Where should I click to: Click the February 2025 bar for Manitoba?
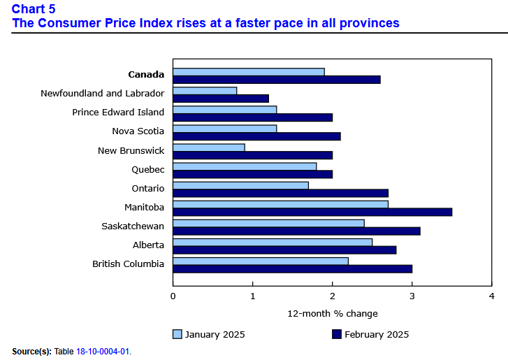pos(312,212)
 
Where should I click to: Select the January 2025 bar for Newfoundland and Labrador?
pos(205,90)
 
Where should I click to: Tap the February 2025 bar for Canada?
pos(277,79)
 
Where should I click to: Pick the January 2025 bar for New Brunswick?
pos(209,147)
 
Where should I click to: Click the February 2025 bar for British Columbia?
pos(292,268)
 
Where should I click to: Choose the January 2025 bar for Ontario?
pos(240,185)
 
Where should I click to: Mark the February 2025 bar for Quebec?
pos(252,174)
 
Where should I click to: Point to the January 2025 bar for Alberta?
pos(273,242)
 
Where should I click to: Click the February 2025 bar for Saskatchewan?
pos(296,231)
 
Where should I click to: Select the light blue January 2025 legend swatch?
pos(177,334)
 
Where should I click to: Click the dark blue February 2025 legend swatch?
pos(336,334)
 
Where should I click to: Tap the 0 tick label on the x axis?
pos(173,296)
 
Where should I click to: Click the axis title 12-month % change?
pos(332,313)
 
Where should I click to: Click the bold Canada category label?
pos(146,74)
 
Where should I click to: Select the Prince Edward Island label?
pos(118,112)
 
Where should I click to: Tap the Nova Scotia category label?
pos(138,131)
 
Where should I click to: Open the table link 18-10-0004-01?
pos(103,351)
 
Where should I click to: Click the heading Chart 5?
pos(34,9)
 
